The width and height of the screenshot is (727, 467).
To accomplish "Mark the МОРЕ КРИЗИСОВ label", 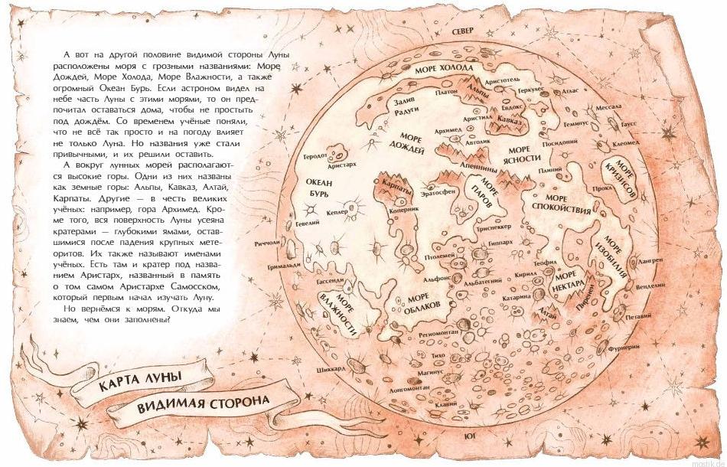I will click(625, 179).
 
